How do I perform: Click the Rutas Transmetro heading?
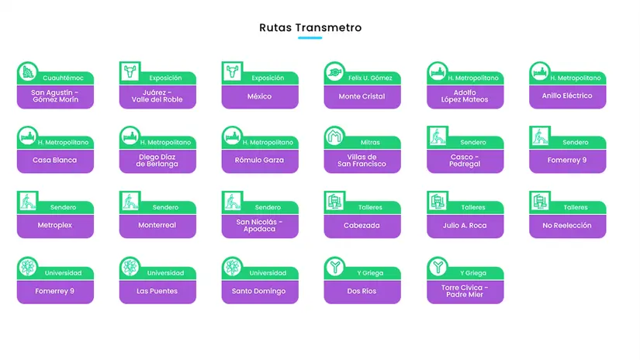(310, 28)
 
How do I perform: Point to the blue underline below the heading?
(310, 38)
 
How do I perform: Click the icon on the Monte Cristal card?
(334, 72)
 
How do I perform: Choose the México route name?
(260, 96)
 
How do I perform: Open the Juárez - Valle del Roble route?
(157, 96)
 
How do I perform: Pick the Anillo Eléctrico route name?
(567, 96)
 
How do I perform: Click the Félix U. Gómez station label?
(370, 78)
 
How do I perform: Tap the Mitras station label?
(370, 143)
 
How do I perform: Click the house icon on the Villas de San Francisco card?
(334, 137)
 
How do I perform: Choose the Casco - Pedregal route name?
(465, 161)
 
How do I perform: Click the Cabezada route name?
(362, 225)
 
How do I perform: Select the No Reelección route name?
(567, 225)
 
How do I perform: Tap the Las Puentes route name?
(157, 291)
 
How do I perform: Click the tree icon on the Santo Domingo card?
(232, 268)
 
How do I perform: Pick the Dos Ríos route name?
(362, 291)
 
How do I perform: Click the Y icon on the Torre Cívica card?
(437, 268)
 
